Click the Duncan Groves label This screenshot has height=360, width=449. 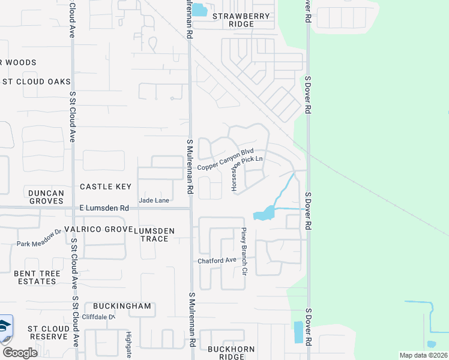tap(37, 197)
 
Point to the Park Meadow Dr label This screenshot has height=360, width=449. tap(39, 237)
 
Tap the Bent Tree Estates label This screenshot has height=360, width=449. tap(35, 277)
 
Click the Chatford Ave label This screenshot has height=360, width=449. tap(217, 260)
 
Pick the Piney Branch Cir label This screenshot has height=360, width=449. tap(244, 251)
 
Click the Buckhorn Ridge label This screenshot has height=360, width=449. tap(231, 353)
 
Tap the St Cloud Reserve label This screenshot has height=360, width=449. tap(48, 332)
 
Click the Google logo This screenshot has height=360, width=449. tap(19, 352)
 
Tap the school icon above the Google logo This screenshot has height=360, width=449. tap(5, 327)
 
